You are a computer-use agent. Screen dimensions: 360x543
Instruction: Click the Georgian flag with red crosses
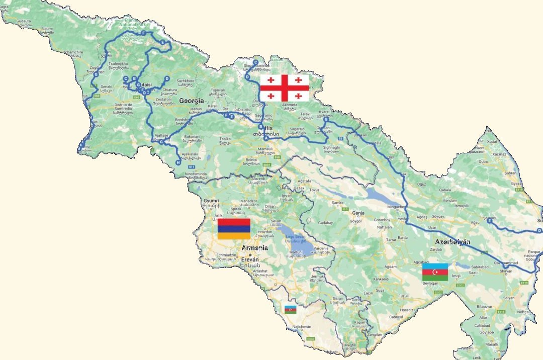[x=284, y=87]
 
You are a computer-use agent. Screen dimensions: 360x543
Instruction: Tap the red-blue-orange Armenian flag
[x=234, y=229]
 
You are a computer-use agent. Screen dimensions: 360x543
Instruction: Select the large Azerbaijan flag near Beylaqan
[x=435, y=272]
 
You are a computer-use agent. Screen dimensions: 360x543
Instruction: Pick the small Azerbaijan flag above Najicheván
[x=291, y=309]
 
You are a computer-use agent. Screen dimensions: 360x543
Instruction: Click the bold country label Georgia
[x=192, y=101]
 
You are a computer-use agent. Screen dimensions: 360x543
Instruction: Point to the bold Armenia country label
[x=255, y=248]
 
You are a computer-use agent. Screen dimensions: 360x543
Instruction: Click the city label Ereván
[x=250, y=259]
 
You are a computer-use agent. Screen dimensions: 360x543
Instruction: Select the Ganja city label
[x=358, y=213]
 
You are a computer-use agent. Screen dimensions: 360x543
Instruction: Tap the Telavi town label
[x=305, y=115]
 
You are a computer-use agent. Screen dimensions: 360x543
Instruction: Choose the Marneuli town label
[x=264, y=149]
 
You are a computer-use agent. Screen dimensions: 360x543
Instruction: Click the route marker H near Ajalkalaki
[x=178, y=162]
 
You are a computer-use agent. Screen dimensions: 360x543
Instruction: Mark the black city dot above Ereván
[x=250, y=254]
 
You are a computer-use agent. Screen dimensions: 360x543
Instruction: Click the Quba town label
[x=483, y=162]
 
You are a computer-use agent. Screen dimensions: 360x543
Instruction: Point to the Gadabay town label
[x=326, y=222]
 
